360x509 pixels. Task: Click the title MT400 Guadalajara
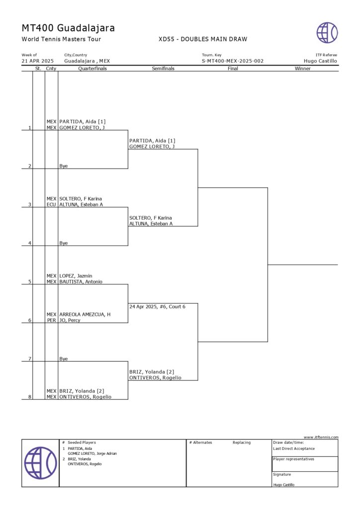pos(68,28)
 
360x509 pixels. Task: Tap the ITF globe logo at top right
pos(327,33)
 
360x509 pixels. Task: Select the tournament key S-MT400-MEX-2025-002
pos(233,61)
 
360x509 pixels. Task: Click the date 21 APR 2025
pos(38,61)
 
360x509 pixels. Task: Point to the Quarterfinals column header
pos(92,69)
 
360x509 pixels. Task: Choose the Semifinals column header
pos(163,69)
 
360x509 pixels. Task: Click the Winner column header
pos(302,69)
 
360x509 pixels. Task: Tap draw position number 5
pos(30,282)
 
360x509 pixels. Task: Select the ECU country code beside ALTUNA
pos(51,204)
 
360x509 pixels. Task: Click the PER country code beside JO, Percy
pos(51,320)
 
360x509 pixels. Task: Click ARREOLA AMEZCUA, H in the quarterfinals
pos(85,315)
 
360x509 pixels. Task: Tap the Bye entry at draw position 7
pos(64,359)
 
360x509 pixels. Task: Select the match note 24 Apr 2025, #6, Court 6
pos(158,307)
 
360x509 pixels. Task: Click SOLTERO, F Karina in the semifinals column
pos(151,218)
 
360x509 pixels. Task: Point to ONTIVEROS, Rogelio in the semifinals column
pos(155,378)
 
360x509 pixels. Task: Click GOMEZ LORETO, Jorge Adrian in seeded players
pos(92,453)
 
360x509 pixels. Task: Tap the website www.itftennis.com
pos(321,437)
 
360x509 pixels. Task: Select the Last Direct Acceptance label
pos(294,448)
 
